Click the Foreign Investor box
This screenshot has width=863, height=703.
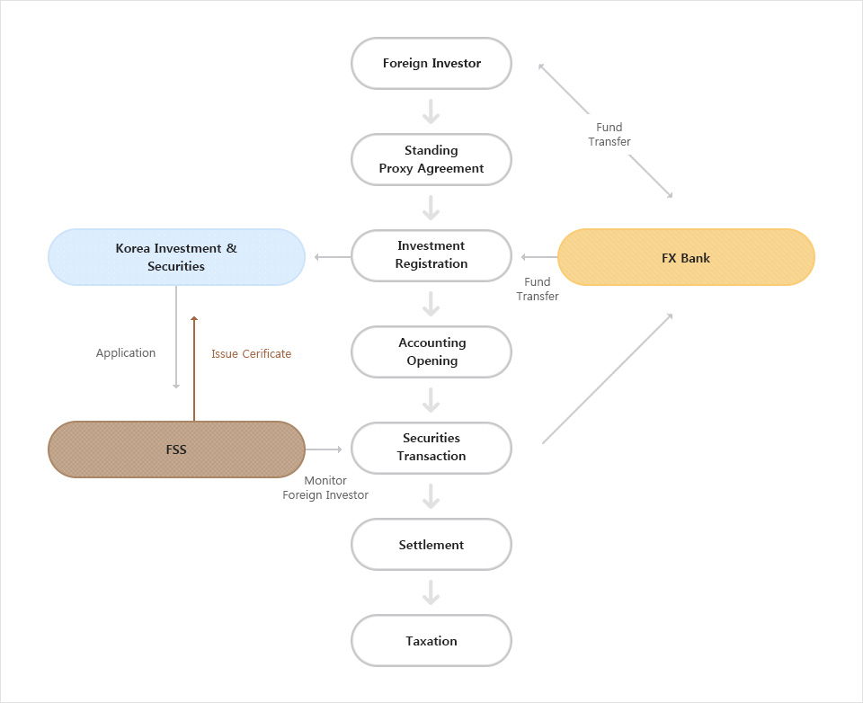point(431,64)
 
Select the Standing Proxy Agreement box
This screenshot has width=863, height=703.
point(431,160)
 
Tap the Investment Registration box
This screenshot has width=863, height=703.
point(431,255)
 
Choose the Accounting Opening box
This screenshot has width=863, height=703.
point(431,351)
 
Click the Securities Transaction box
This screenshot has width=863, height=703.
point(431,448)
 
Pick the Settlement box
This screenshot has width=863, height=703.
point(431,545)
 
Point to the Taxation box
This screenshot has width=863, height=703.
point(431,641)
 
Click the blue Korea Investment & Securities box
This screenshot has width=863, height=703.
point(176,257)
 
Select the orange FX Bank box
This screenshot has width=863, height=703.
point(686,257)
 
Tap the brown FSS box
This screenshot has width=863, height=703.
point(176,449)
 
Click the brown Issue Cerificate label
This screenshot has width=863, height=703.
point(251,354)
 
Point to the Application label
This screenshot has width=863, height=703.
point(126,353)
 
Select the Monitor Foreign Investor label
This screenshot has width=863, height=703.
point(325,488)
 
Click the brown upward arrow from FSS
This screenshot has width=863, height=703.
point(194,369)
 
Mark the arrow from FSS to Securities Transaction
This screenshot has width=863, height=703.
point(325,449)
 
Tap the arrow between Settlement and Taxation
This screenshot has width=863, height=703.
point(431,592)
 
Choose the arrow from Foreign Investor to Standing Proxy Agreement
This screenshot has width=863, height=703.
point(431,111)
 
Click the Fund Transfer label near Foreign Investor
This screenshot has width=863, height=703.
point(609,135)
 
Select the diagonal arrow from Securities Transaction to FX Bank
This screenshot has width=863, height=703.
point(607,378)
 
